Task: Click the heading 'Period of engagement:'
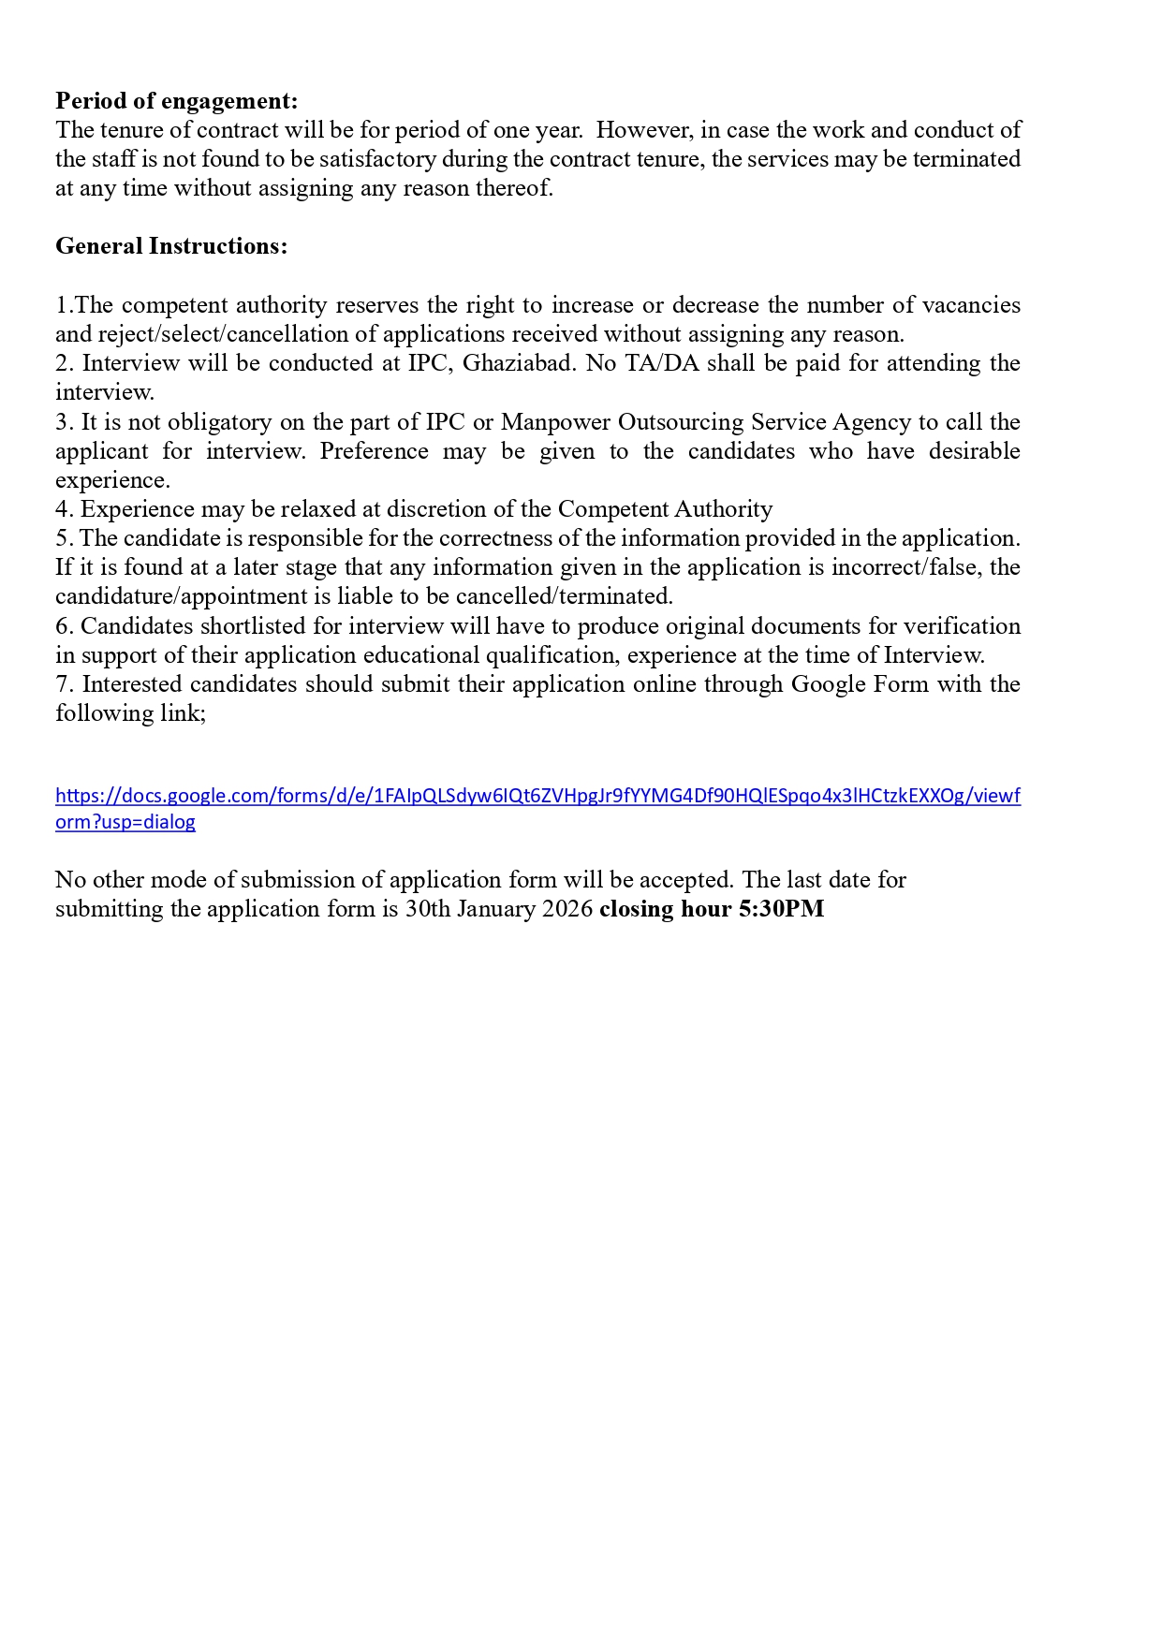coord(176,101)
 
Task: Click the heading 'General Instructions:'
coord(171,246)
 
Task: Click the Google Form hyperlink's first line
coord(537,796)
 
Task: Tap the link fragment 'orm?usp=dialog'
coord(125,822)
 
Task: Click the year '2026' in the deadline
coord(567,909)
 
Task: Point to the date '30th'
coord(427,909)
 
